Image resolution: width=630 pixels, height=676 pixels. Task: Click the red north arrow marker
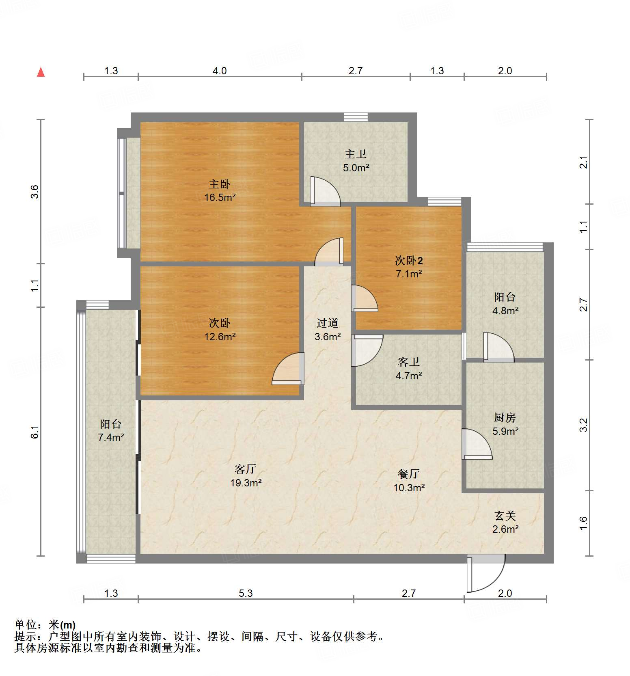[x=41, y=72]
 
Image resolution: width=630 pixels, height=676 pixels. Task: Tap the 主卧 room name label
[x=220, y=184]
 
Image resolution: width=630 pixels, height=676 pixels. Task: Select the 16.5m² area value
[x=220, y=198]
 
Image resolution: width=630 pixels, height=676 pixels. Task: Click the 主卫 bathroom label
[x=356, y=154]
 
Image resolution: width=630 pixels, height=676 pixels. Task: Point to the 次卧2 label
[x=409, y=261]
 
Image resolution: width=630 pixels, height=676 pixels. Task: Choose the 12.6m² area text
[x=220, y=337]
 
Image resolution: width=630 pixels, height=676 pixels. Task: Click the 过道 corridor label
[x=328, y=323]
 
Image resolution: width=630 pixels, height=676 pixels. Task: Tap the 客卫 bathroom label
[x=409, y=362]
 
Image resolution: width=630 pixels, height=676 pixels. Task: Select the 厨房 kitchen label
[x=505, y=417]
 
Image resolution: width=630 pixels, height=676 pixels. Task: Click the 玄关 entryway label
[x=505, y=516]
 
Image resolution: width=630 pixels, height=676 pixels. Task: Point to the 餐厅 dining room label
[x=409, y=474]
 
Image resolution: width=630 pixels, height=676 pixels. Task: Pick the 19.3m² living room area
[x=246, y=483]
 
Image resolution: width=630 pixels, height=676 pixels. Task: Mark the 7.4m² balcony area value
[x=111, y=437]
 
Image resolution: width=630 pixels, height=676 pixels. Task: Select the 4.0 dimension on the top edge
[x=220, y=71]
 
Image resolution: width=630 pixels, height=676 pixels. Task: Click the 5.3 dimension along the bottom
[x=246, y=594]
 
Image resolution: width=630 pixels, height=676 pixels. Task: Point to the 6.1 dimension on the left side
[x=35, y=432]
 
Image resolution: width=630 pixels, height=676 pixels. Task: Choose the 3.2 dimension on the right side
[x=584, y=425]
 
